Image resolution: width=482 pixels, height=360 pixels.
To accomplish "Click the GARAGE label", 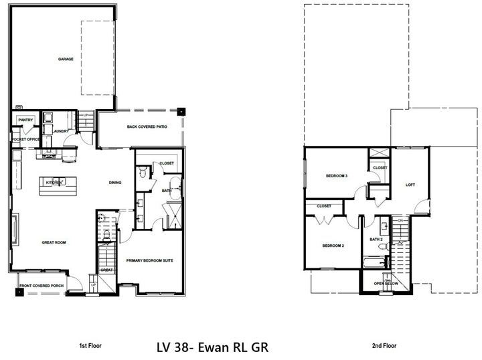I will pos(66,59).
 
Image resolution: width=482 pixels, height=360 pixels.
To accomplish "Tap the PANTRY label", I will pos(25,120).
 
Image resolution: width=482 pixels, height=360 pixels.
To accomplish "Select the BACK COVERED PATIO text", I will pos(147,126).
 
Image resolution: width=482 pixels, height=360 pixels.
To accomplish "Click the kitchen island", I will pos(54,185).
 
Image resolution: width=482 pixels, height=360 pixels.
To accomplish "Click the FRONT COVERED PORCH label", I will pos(42,286).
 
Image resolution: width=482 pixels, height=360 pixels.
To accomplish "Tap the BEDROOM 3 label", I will pos(336,176).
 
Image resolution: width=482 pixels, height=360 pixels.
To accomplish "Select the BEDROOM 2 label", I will pos(333,246).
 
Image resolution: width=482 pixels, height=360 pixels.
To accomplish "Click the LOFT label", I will pos(410,185).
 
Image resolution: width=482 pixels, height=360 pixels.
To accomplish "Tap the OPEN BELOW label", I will pos(387,283).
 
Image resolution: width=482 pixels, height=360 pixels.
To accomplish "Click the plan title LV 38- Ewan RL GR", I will pos(213,347).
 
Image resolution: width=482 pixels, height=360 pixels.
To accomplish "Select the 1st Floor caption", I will pos(91,347).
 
